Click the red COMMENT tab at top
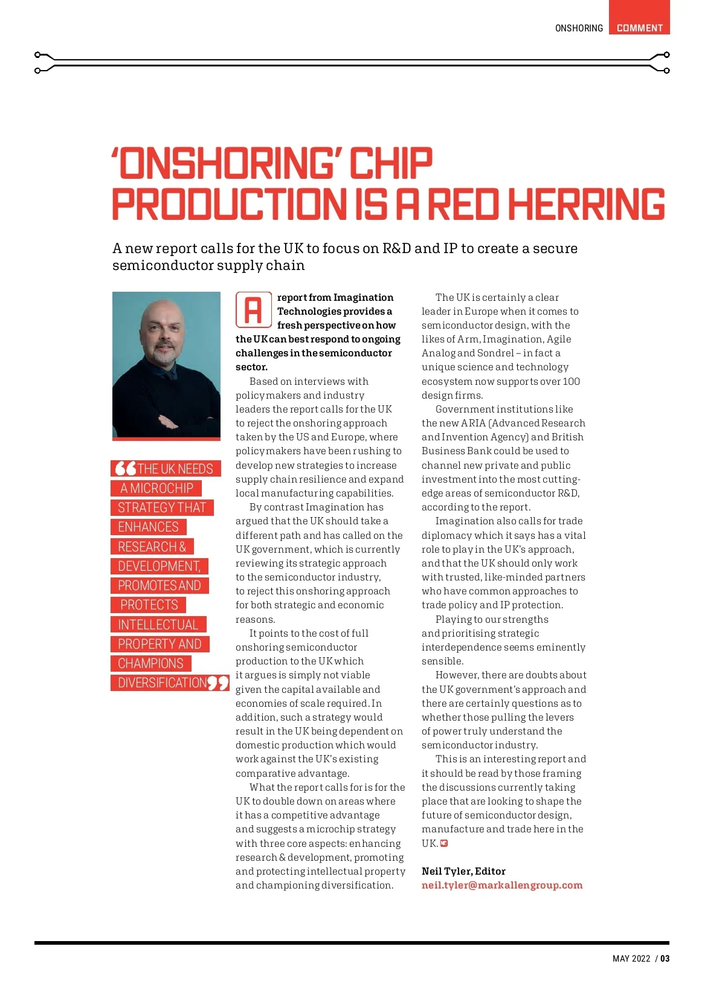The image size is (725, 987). tap(639, 27)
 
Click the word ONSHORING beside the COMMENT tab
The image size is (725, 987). tap(579, 28)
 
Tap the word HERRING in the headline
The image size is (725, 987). tap(586, 204)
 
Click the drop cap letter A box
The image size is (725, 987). tap(253, 310)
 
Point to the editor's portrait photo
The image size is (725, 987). tap(166, 364)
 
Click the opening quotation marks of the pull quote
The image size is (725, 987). tap(125, 468)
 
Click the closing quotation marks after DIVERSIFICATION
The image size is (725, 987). tap(218, 683)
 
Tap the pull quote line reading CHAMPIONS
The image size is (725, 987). tap(151, 663)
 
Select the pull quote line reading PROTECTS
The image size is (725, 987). tap(149, 605)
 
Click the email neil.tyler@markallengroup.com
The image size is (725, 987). tap(502, 885)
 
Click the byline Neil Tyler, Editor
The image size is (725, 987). tap(463, 871)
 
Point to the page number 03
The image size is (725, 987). tap(665, 959)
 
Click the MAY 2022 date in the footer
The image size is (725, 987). tap(631, 959)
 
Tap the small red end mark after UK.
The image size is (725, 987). tap(444, 843)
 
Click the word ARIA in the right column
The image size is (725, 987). tap(473, 423)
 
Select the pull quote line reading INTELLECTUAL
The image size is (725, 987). tap(158, 625)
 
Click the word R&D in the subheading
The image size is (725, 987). tap(396, 248)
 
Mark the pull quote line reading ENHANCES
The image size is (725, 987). tap(149, 527)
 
